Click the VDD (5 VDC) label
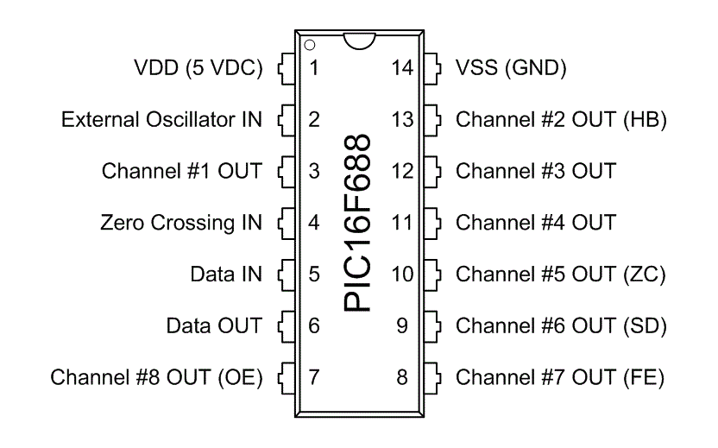point(198,67)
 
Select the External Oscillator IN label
point(161,119)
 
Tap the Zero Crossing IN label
point(180,223)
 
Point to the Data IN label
point(225,274)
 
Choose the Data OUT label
point(213,326)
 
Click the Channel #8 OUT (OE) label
point(156,377)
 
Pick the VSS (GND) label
point(511,67)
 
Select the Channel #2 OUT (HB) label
point(561,119)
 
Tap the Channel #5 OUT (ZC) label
point(561,274)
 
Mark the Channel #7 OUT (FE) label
point(560,377)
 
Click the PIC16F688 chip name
point(357,223)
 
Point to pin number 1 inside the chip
point(314,67)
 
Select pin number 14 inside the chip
point(403,67)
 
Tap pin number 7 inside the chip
point(314,377)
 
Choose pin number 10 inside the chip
point(403,274)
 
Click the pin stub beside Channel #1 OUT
point(282,171)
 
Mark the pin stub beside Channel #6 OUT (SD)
point(436,326)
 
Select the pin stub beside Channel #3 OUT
point(436,171)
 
